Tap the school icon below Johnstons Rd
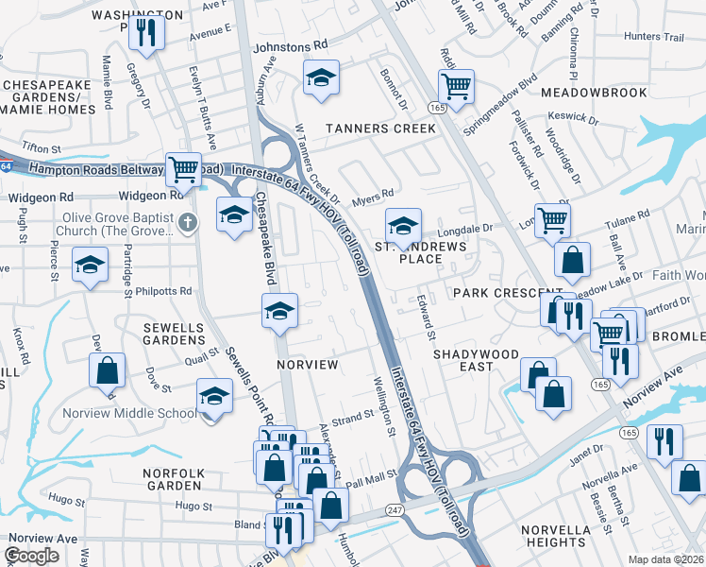click(321, 79)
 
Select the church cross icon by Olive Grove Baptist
click(187, 223)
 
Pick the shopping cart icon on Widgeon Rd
click(183, 170)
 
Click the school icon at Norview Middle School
click(215, 397)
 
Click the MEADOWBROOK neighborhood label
click(594, 93)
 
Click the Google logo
click(31, 555)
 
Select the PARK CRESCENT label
click(496, 293)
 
